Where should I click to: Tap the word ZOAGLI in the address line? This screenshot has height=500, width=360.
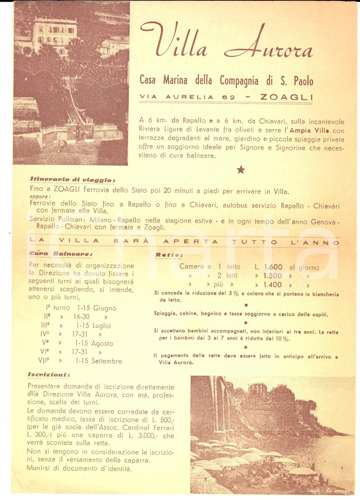tap(286, 97)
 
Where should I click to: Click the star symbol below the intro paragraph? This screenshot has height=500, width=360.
tap(240, 170)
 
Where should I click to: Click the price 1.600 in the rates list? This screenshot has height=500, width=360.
tap(273, 267)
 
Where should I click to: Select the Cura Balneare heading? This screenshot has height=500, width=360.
tap(61, 254)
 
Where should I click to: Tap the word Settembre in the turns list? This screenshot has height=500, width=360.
tap(107, 361)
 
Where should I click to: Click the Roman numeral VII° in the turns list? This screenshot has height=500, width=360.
tap(44, 360)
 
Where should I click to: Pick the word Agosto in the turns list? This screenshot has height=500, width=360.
tap(102, 344)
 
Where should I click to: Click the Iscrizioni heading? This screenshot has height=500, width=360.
tap(49, 375)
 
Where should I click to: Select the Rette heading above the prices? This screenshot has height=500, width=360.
tap(168, 255)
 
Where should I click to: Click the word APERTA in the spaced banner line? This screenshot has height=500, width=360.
tap(190, 242)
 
